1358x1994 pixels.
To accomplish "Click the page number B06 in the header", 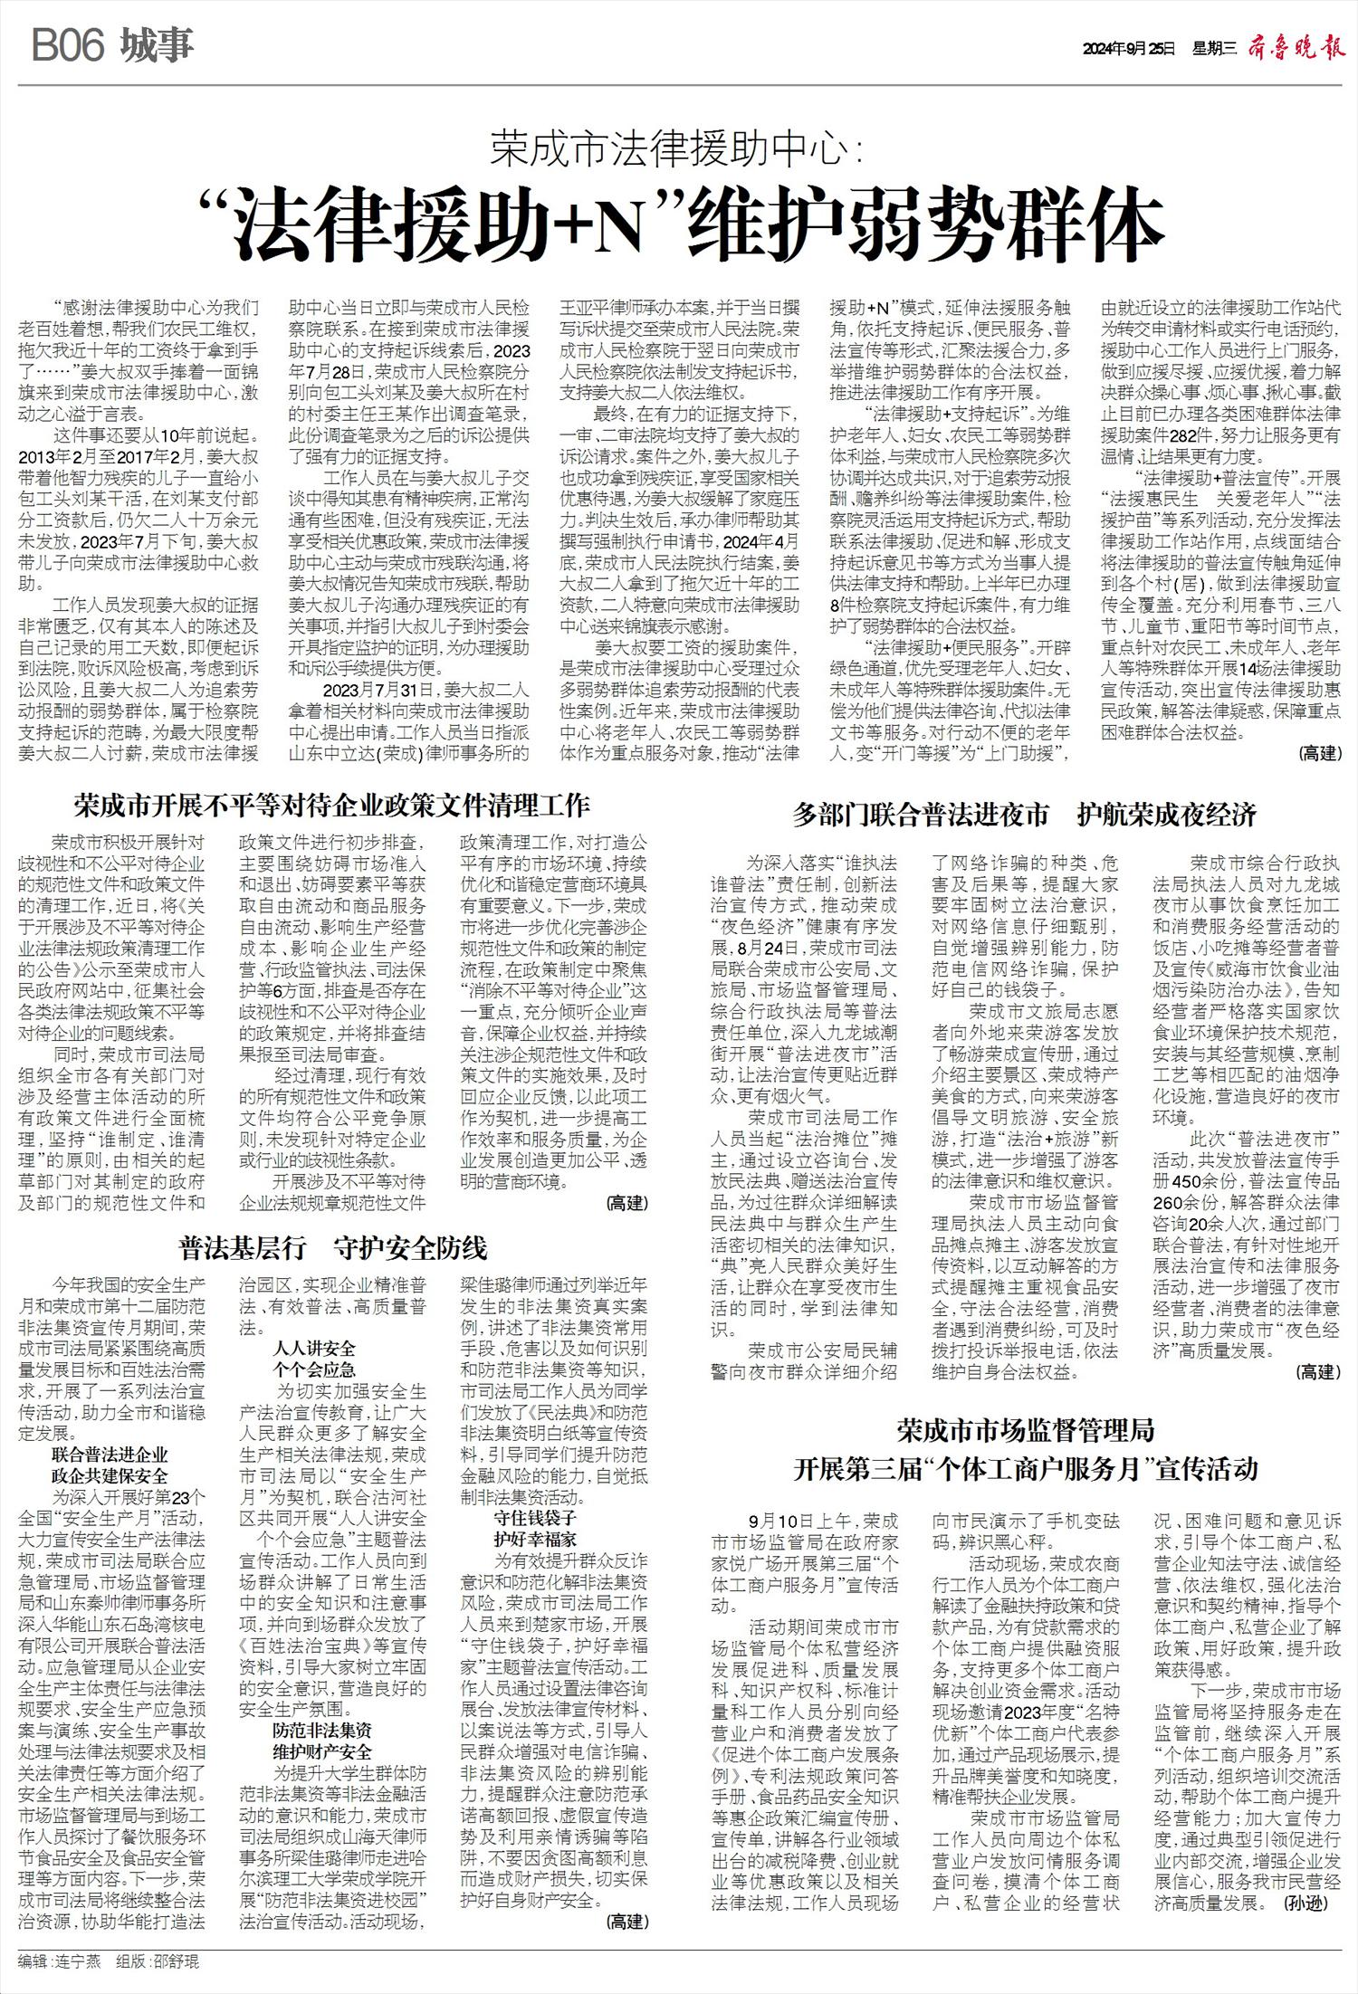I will click(69, 46).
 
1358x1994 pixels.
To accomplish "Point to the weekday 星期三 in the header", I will click(1214, 48).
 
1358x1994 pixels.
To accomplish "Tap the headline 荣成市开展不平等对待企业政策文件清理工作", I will click(332, 805).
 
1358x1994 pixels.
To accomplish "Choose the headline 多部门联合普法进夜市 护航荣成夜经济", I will click(1025, 815).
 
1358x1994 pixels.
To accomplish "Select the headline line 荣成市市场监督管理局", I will click(1026, 1430).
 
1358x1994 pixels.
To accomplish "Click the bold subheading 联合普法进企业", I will click(110, 1455).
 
